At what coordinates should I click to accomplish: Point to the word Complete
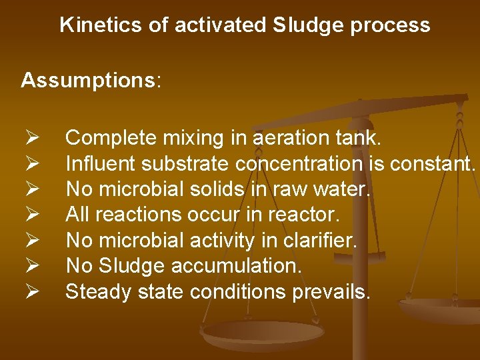click(110, 138)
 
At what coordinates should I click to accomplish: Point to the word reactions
click(141, 215)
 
